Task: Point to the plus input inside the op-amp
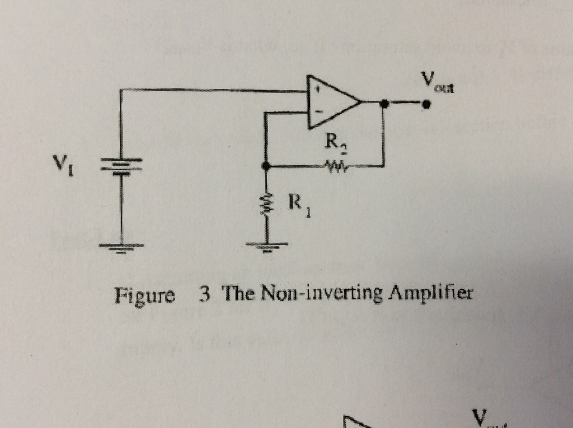(317, 88)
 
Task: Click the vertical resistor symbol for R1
(266, 205)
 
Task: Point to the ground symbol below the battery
(121, 247)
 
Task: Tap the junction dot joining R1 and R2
(266, 166)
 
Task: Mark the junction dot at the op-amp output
(384, 103)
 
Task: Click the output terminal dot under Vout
(426, 104)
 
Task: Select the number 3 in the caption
(204, 293)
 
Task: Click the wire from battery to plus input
(213, 89)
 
